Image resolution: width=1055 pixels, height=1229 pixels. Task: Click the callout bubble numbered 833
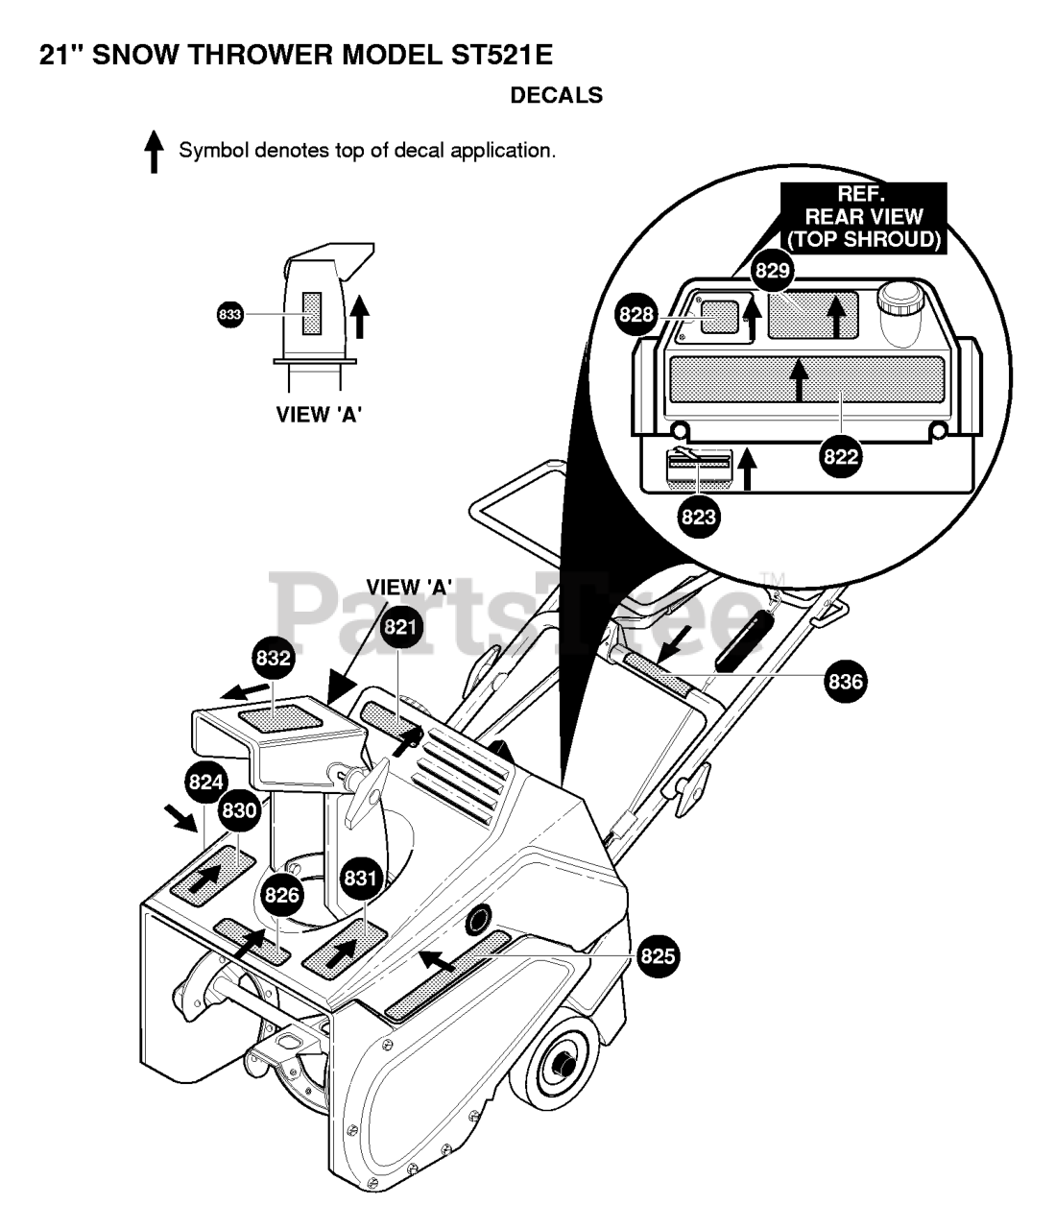point(229,314)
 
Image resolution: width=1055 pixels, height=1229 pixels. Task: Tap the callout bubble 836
point(846,682)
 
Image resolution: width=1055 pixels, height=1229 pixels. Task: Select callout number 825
point(658,955)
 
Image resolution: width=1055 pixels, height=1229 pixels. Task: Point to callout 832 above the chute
point(274,659)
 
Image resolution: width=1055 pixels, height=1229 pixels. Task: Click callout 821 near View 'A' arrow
point(402,627)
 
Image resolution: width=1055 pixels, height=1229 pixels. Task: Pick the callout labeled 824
point(205,782)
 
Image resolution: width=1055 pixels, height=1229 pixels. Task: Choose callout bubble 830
point(239,810)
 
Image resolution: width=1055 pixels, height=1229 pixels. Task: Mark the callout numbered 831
point(360,878)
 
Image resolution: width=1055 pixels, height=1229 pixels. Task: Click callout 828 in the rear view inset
point(636,315)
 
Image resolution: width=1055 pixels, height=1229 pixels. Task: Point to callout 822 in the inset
point(841,457)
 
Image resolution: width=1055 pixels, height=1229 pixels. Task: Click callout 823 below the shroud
point(698,517)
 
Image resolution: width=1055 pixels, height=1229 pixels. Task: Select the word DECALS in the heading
point(557,95)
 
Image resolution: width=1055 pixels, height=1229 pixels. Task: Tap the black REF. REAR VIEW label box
point(863,218)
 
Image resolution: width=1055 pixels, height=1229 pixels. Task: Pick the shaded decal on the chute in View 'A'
point(312,314)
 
